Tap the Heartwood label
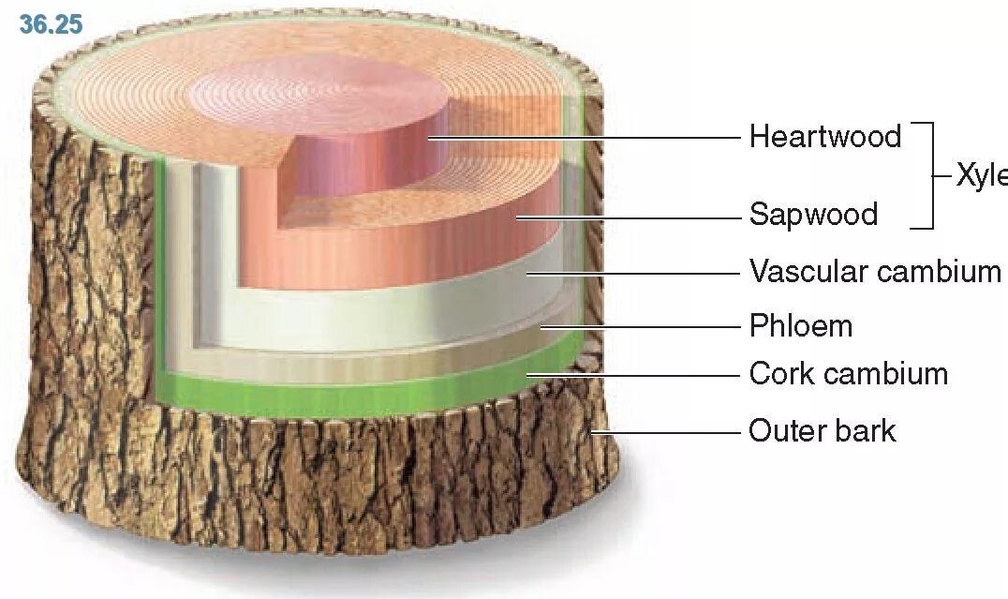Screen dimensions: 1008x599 pyautogui.click(x=824, y=137)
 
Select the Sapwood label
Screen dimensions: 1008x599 pyautogui.click(x=813, y=215)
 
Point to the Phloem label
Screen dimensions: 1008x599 pyautogui.click(x=801, y=326)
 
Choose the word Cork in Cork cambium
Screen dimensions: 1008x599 pyautogui.click(x=780, y=374)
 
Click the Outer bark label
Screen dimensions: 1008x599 pyautogui.click(x=822, y=431)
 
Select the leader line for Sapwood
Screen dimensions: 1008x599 pyautogui.click(x=628, y=217)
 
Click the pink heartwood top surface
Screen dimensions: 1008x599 pyautogui.click(x=319, y=94)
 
